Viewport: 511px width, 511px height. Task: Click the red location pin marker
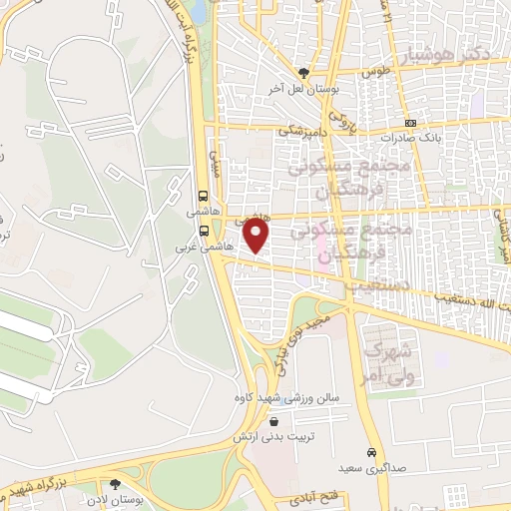(257, 236)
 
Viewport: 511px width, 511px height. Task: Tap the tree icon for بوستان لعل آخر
(304, 73)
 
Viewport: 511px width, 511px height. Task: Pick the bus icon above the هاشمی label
(204, 196)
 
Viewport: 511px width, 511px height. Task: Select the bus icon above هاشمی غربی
(204, 229)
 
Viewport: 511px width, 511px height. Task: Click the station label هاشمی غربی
(204, 245)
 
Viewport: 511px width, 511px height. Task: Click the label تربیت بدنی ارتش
(268, 436)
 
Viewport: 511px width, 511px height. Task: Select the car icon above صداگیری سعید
(370, 452)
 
